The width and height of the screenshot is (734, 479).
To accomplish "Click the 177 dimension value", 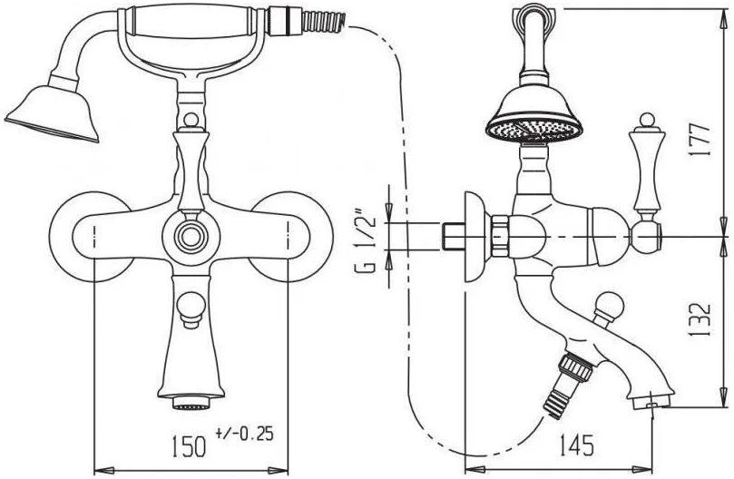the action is pos(699,140).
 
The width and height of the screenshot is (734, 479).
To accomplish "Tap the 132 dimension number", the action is pos(700,320).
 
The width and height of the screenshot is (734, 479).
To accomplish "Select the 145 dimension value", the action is pos(577,445).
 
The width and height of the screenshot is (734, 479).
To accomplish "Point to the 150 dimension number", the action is pos(189,446).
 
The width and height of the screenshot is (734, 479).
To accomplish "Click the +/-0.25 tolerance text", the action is pos(244,434).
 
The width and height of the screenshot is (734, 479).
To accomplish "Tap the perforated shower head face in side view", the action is pos(534,128).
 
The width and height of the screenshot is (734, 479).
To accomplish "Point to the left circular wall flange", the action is pos(89,237).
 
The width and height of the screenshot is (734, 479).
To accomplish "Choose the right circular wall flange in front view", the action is pos(292,237).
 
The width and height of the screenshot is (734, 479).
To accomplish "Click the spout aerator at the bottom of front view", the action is pos(191,402).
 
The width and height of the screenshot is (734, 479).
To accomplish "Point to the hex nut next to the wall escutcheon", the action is pos(499,236).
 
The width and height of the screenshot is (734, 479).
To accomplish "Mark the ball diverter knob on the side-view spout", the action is pos(606,307).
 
